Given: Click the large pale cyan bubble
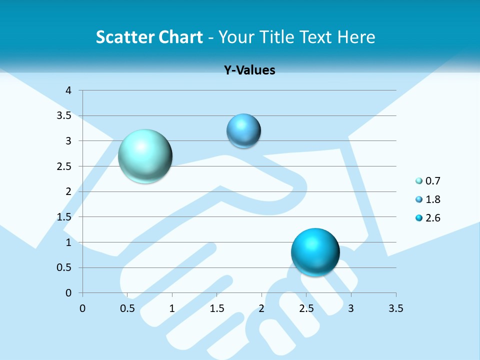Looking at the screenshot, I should point(145,156).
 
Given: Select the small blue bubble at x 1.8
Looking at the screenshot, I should point(243,131).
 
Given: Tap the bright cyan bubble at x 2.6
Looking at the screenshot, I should point(315,252).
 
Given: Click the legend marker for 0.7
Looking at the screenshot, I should point(419,181).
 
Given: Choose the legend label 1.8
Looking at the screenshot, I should point(432,199).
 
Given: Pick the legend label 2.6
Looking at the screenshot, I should point(432,218).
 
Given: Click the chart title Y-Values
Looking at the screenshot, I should point(249,70).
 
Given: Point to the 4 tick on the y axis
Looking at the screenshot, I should point(69,90).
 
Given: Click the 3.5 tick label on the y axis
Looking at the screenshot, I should point(66,115).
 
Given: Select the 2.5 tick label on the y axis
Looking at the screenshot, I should point(66,166).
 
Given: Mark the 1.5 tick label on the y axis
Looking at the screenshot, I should point(66,217).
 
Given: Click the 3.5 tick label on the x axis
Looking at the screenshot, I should point(395,308).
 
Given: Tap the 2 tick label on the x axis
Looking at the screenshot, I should point(261,308).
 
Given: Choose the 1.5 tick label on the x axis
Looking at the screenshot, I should point(216,308).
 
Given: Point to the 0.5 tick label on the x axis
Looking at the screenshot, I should point(127,308).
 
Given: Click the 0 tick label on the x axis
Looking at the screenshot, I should point(82,308).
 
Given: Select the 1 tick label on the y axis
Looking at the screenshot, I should point(69,242).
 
